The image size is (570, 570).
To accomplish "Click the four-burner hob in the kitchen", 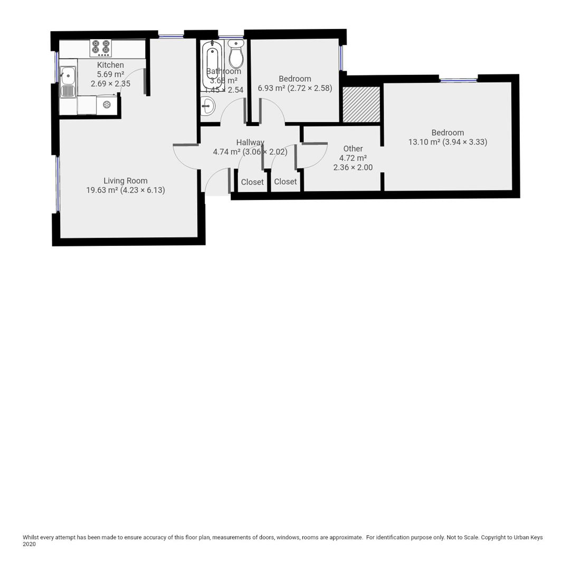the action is (x=101, y=48).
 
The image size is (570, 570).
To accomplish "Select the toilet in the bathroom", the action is (x=236, y=54).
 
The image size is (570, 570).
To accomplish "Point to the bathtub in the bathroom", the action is (x=212, y=65).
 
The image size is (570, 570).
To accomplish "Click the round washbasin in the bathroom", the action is (x=207, y=107).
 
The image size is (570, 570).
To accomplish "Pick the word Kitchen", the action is (x=110, y=65).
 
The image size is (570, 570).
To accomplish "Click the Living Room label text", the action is (x=126, y=180).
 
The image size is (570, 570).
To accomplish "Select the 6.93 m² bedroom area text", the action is (x=271, y=88).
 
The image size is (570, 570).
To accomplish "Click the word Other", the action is (x=353, y=149).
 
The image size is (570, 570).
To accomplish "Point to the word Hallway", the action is (x=250, y=142).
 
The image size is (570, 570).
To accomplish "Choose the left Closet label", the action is (x=252, y=182).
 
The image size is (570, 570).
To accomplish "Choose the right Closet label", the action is (x=286, y=182).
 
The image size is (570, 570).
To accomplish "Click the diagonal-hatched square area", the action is (x=362, y=104).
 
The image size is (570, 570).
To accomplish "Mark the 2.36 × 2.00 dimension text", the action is (x=353, y=168).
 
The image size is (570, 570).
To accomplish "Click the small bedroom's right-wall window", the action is (x=341, y=58).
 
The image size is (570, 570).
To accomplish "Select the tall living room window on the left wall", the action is (x=58, y=184).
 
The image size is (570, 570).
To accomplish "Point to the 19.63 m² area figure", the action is (x=102, y=190).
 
